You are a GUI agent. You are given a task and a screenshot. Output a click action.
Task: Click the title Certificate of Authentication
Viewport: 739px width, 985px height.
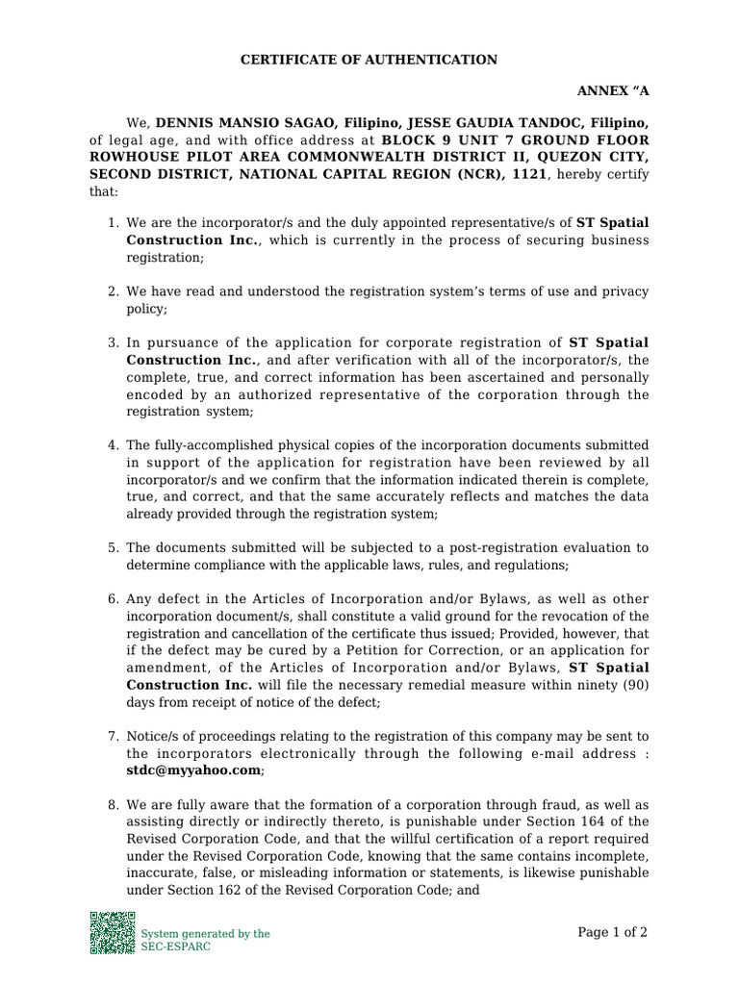(369, 60)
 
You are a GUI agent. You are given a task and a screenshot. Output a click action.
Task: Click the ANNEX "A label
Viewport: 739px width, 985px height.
(612, 91)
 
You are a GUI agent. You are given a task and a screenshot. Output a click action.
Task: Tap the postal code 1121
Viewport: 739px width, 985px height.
(531, 175)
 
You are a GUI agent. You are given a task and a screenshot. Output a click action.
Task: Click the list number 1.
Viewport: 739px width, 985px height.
(112, 223)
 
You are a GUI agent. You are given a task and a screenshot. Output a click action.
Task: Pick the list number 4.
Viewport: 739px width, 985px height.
(112, 445)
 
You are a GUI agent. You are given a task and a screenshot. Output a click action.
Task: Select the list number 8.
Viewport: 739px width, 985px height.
(112, 804)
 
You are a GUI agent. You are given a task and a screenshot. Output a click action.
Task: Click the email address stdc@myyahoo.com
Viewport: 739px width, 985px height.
(193, 770)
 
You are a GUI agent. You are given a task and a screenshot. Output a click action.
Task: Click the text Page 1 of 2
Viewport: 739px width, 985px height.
(612, 932)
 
